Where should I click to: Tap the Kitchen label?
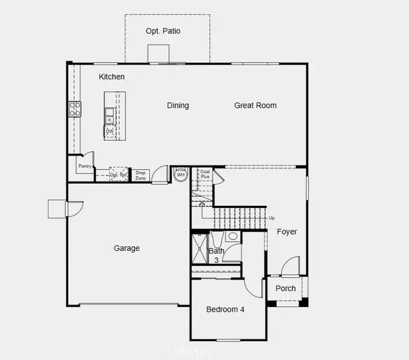(112, 77)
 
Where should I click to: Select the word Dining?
(178, 106)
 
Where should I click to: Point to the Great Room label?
(256, 106)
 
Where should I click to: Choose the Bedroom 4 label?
(225, 310)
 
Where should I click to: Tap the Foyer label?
(287, 232)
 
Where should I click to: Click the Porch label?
(286, 288)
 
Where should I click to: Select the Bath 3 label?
(216, 256)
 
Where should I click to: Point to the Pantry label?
(85, 166)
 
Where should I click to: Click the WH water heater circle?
(181, 175)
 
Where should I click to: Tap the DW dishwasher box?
(110, 130)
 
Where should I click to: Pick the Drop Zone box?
(141, 175)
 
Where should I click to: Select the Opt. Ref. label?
(119, 175)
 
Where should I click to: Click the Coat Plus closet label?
(205, 174)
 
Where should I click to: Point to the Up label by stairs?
(273, 218)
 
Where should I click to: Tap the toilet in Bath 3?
(232, 237)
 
